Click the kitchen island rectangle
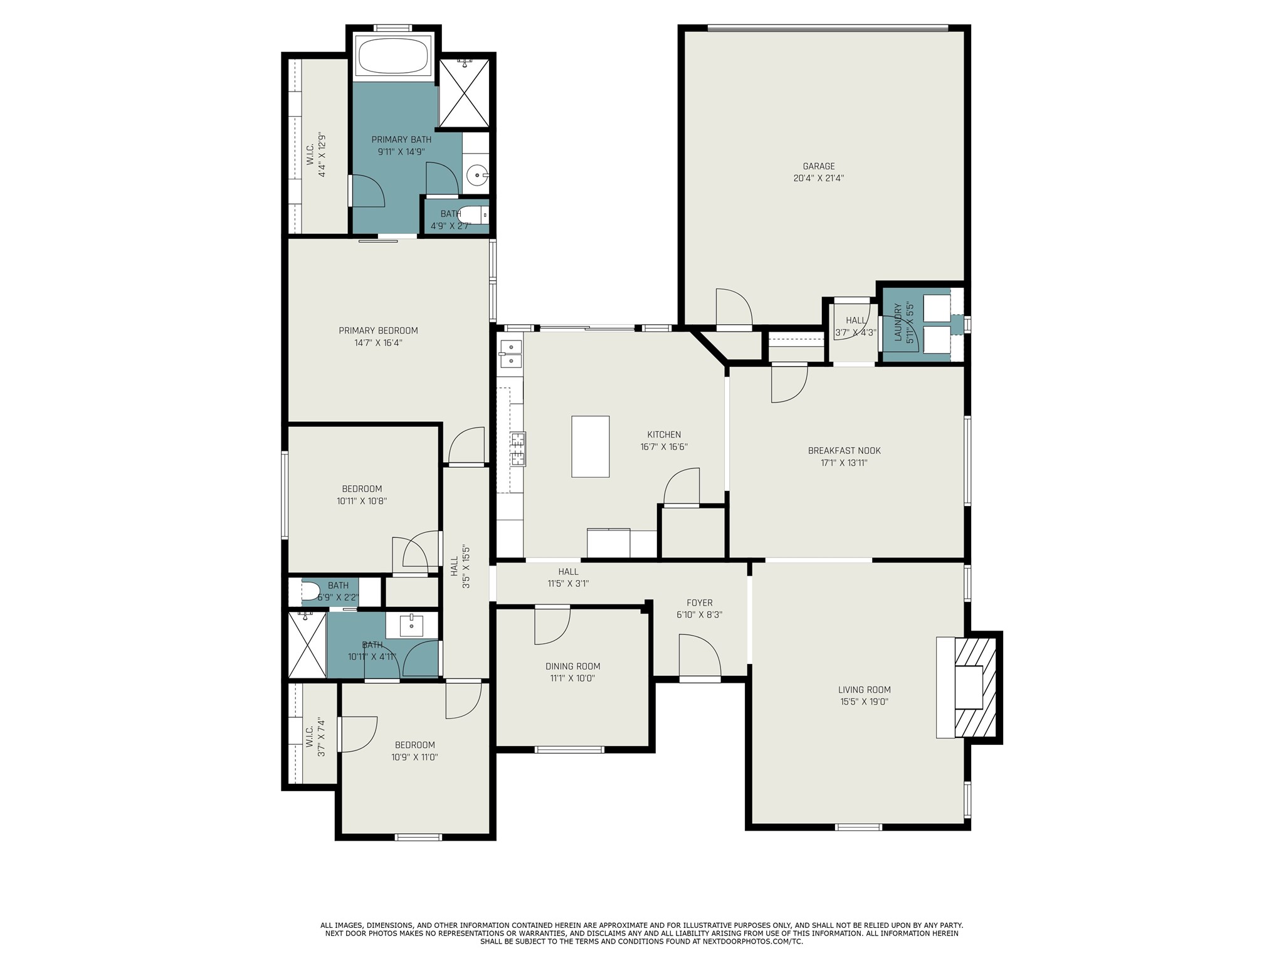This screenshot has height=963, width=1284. (590, 446)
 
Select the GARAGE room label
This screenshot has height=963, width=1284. (818, 166)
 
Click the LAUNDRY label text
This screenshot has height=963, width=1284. (898, 323)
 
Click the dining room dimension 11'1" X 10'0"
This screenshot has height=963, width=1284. (572, 678)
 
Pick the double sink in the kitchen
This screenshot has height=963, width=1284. (512, 354)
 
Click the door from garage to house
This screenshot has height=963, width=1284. (733, 308)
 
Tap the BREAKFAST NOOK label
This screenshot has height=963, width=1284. (844, 451)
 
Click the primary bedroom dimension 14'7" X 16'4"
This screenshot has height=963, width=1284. (378, 343)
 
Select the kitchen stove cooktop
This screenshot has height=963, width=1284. (518, 448)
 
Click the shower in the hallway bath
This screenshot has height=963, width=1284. (307, 645)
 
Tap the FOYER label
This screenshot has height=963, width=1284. (699, 603)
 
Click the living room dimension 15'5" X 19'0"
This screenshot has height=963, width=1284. (865, 702)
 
